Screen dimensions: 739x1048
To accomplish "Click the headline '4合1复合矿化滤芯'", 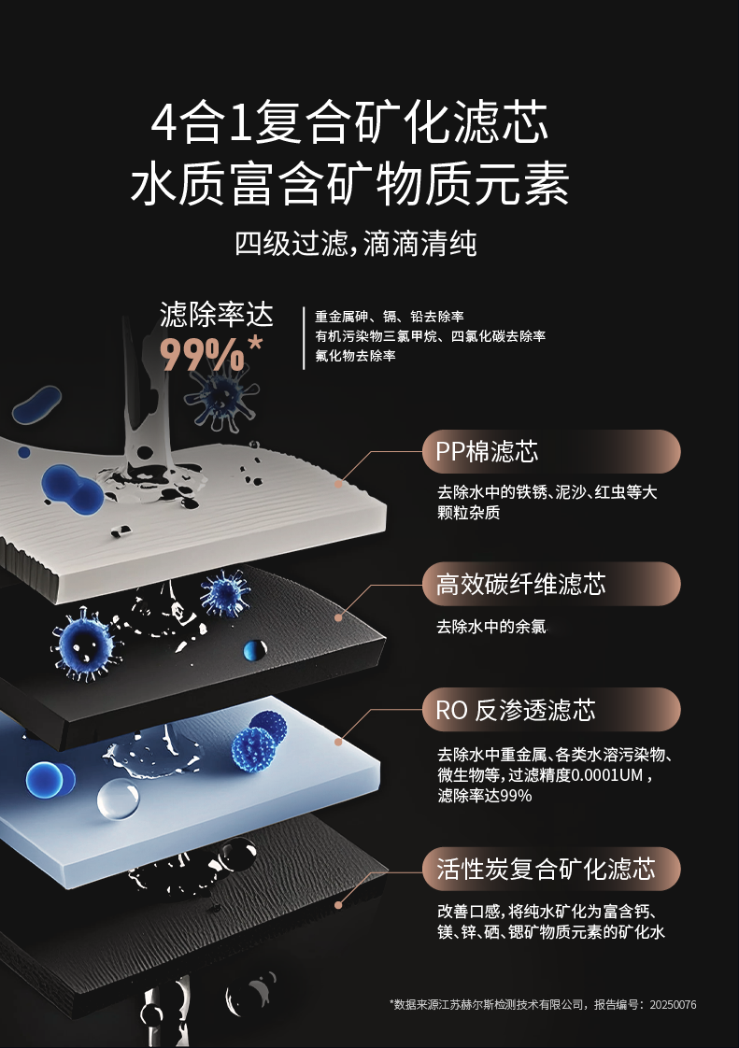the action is click(x=349, y=122).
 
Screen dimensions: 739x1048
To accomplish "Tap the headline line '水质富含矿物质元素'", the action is click(x=349, y=183).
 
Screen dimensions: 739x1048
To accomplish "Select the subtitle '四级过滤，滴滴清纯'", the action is click(x=355, y=243).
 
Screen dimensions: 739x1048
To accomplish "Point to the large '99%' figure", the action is click(x=203, y=354).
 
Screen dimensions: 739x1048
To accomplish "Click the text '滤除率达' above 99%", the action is click(x=217, y=314).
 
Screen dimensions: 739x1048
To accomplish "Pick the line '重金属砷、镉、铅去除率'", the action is click(x=390, y=316).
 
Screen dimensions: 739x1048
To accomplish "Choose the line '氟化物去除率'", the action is click(x=355, y=356).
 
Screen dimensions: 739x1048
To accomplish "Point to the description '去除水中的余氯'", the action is click(x=491, y=626).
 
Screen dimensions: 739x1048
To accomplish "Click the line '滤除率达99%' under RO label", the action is click(x=485, y=796).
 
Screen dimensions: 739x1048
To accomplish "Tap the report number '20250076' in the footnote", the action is click(x=673, y=1004).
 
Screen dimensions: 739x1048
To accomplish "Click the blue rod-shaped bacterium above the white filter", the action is click(x=36, y=405).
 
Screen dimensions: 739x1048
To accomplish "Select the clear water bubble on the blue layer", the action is click(x=119, y=799).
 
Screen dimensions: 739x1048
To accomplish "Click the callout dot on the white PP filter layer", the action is click(x=338, y=484).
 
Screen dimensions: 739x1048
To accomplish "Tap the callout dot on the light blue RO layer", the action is click(x=338, y=742).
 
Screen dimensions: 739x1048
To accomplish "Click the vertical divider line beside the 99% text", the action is click(x=304, y=338).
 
